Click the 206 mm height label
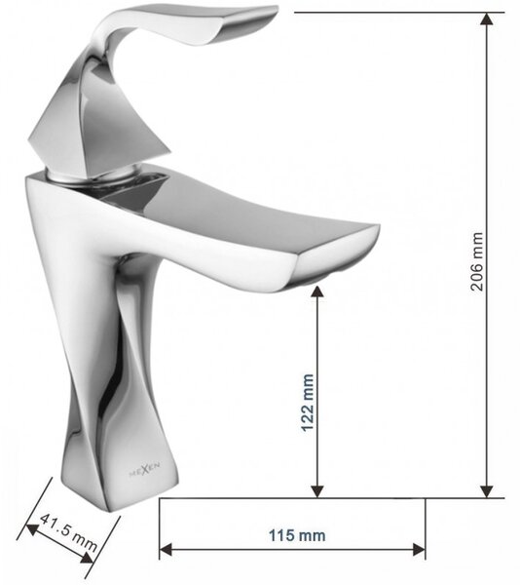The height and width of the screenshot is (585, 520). pos(477,261)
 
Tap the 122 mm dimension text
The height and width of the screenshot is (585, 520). pos(308,403)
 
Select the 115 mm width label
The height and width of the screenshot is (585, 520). pos(297,535)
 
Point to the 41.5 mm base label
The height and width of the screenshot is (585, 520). pos(68,533)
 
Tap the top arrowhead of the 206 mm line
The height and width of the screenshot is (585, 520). pos(487,19)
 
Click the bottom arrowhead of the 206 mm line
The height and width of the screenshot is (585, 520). pos(487,491)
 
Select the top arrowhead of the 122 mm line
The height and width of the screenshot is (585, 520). pos(317,292)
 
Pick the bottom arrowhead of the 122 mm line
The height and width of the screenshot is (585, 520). pos(317,491)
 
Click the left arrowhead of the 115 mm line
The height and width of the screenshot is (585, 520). pos(166,549)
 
